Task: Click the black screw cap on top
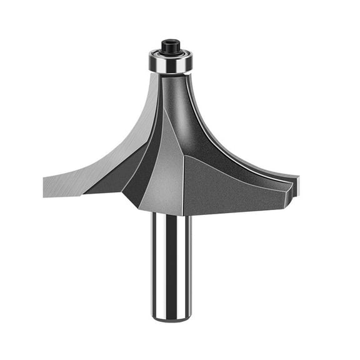click(171, 46)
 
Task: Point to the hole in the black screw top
click(171, 42)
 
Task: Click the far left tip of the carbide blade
click(45, 184)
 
